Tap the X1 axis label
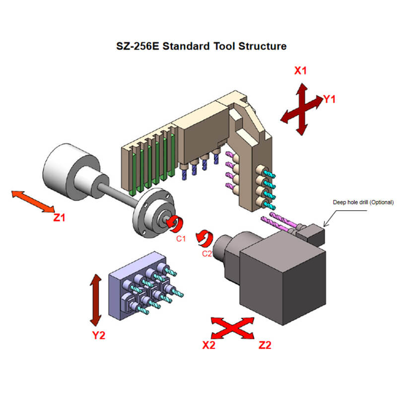(x=301, y=70)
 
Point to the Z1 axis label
(x=60, y=216)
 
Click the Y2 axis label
(x=99, y=335)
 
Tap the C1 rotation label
(x=181, y=239)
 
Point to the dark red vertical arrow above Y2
(x=94, y=301)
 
